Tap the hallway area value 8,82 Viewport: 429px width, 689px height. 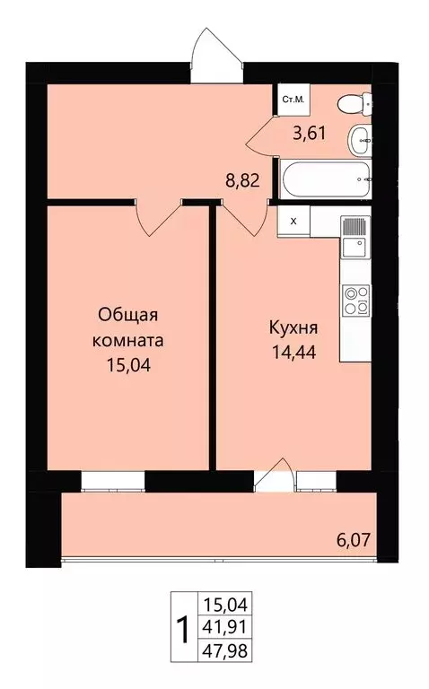242,179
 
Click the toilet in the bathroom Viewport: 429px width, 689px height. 356,103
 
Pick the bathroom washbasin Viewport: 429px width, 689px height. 360,137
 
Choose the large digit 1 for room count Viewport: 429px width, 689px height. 183,630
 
